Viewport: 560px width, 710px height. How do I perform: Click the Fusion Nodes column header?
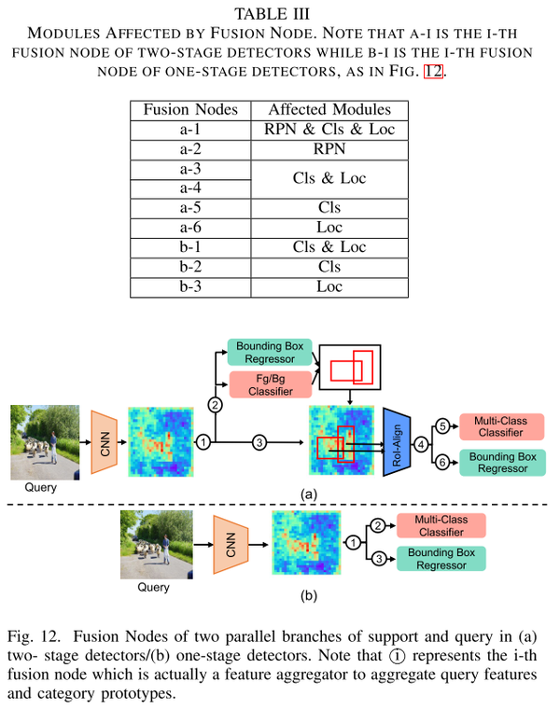pyautogui.click(x=190, y=109)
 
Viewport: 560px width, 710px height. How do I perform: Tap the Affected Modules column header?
pyautogui.click(x=329, y=109)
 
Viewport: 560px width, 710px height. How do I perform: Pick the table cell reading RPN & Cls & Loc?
pyautogui.click(x=329, y=130)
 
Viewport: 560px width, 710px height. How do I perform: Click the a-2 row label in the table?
pyautogui.click(x=190, y=149)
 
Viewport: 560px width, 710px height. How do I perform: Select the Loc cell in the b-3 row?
pyautogui.click(x=329, y=287)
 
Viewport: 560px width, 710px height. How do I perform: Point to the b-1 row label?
pyautogui.click(x=190, y=247)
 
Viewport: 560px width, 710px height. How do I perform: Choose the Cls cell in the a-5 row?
pyautogui.click(x=329, y=208)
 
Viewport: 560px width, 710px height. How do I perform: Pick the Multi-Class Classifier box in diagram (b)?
pyautogui.click(x=441, y=524)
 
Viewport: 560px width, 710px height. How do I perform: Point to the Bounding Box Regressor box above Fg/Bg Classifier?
pyautogui.click(x=265, y=352)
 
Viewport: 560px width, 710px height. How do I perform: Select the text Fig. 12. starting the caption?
pyautogui.click(x=35, y=637)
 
